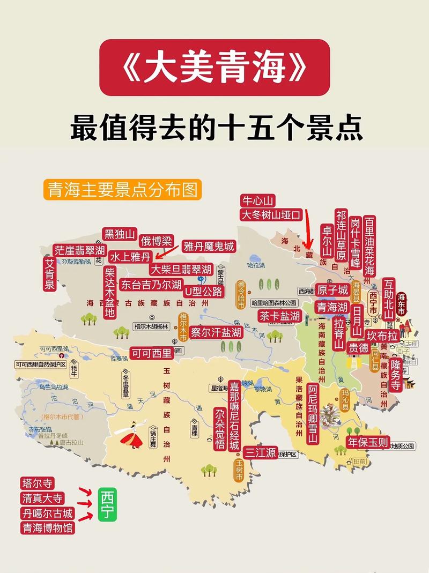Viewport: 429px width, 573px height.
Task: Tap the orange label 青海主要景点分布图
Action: (123, 190)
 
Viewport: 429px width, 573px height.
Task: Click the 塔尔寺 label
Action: (38, 483)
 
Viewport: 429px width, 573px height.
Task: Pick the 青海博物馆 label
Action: (48, 528)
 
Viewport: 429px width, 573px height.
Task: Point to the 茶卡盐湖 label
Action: (279, 316)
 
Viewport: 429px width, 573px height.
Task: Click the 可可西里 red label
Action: (152, 353)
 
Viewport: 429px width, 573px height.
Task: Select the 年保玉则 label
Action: (367, 442)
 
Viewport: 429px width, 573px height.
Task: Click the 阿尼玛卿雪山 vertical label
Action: (313, 413)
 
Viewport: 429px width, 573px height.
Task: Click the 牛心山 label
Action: (258, 201)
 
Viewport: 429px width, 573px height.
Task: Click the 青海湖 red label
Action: (332, 307)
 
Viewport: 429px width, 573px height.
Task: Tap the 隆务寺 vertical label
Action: (395, 375)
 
